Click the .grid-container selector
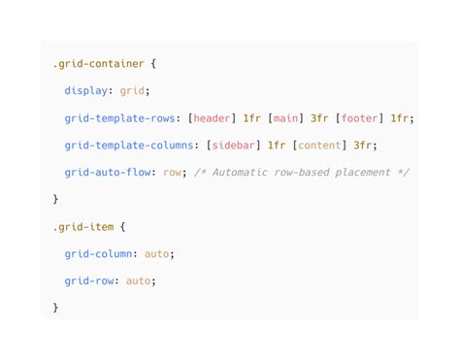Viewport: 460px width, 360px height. [98, 64]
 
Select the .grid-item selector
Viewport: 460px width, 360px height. [82, 227]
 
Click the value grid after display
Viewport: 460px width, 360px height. [132, 91]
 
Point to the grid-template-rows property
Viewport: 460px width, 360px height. [119, 118]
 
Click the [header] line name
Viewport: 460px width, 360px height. [211, 118]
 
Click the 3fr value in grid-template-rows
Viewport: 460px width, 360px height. [319, 118]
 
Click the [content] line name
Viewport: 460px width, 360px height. [319, 146]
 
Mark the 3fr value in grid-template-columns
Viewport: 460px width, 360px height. [364, 146]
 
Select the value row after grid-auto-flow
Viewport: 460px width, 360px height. [174, 173]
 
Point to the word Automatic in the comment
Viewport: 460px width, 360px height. [238, 173]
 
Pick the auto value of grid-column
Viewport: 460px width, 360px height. [159, 254]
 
